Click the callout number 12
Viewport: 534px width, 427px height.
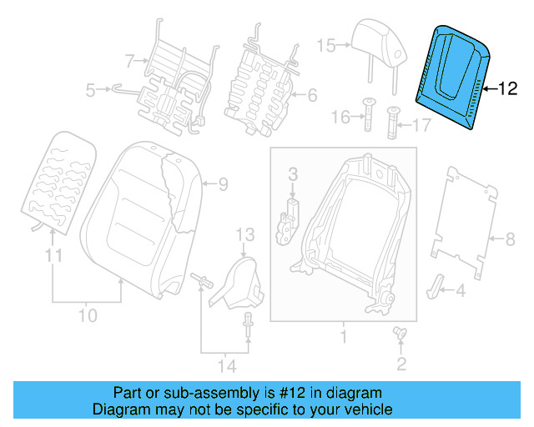[508, 86]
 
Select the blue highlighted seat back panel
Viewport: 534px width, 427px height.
[456, 74]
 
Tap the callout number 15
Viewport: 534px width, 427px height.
[325, 45]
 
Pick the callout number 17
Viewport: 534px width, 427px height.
[420, 127]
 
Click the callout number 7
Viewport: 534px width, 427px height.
[129, 59]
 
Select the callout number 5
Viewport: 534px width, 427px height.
[92, 88]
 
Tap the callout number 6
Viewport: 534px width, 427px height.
[312, 95]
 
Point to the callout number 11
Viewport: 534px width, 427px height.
[53, 257]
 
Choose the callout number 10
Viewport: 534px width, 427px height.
[88, 315]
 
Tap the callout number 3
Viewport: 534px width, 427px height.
[293, 173]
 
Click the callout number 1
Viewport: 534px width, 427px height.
[342, 337]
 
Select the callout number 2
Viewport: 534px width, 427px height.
[401, 363]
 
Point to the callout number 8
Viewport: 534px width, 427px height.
[511, 239]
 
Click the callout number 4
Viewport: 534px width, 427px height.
[460, 290]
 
